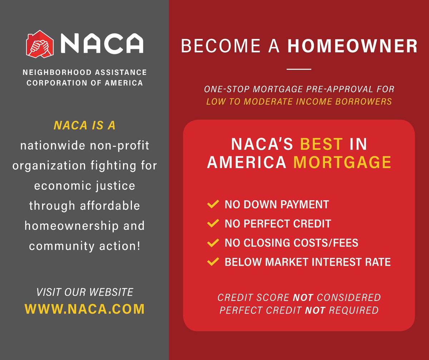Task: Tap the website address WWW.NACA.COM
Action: (84, 309)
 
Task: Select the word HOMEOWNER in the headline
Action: (352, 47)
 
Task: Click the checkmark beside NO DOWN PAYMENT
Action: (213, 205)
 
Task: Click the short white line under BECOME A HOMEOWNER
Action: (299, 69)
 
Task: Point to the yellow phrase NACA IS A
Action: (84, 126)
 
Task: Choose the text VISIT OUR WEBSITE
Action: (84, 292)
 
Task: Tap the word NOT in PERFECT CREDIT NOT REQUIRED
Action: (315, 310)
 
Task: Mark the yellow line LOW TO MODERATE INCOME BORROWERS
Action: (299, 101)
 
